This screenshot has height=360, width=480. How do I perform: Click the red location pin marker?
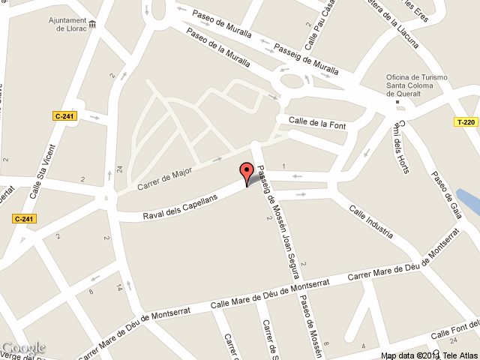[x=246, y=172]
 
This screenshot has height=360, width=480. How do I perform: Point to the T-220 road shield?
[x=466, y=121]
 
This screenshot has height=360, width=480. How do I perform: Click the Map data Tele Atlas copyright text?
[x=428, y=355]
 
